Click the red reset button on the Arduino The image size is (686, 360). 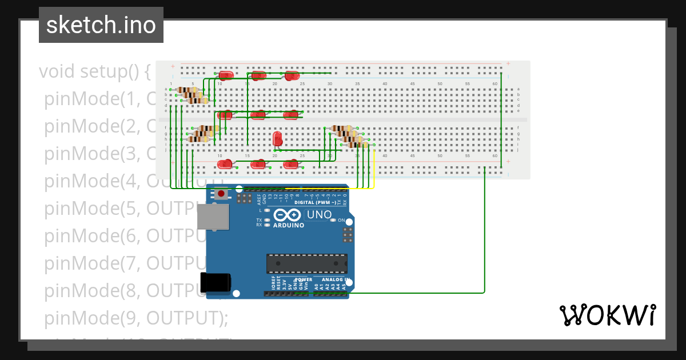pos(221,194)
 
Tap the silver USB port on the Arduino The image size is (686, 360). pos(213,218)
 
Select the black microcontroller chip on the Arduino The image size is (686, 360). pos(306,263)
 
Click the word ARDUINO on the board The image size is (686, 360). pos(288,225)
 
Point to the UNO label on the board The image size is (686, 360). pos(320,215)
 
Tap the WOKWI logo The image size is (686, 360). pos(607,315)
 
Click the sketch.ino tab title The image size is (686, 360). pos(101,25)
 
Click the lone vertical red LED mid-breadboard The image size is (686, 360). pos(278,138)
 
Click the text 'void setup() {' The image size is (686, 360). pos(95,72)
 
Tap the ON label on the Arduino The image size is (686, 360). pos(341,220)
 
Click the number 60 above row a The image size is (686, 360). pos(494,84)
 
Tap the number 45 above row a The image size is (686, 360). pos(412,84)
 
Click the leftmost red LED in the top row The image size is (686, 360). pos(226,74)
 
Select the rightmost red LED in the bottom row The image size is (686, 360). pos(291,165)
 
